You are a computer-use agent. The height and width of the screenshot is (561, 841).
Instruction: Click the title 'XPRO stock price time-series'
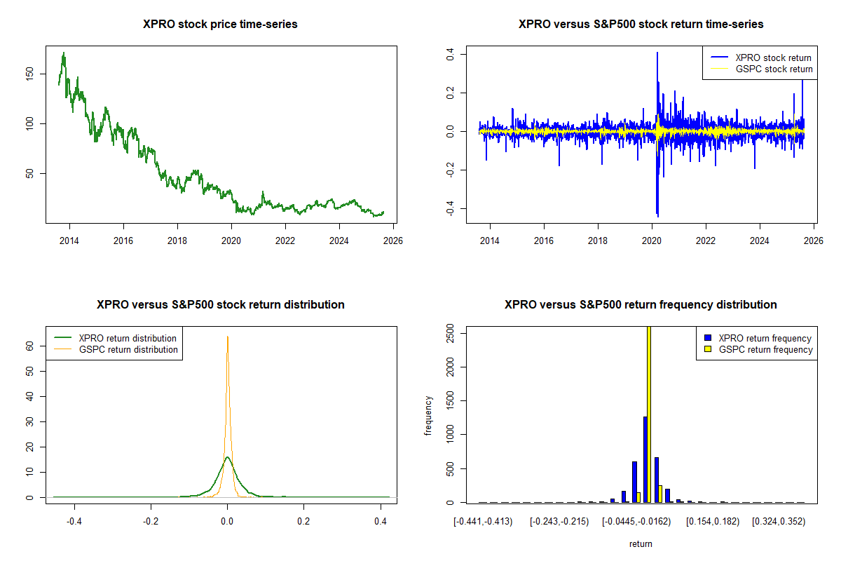220,25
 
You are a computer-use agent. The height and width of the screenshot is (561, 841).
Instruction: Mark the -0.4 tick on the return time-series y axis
451,210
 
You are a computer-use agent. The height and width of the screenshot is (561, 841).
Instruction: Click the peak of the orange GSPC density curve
227,337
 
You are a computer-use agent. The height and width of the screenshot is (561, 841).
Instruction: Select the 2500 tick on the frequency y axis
451,333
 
